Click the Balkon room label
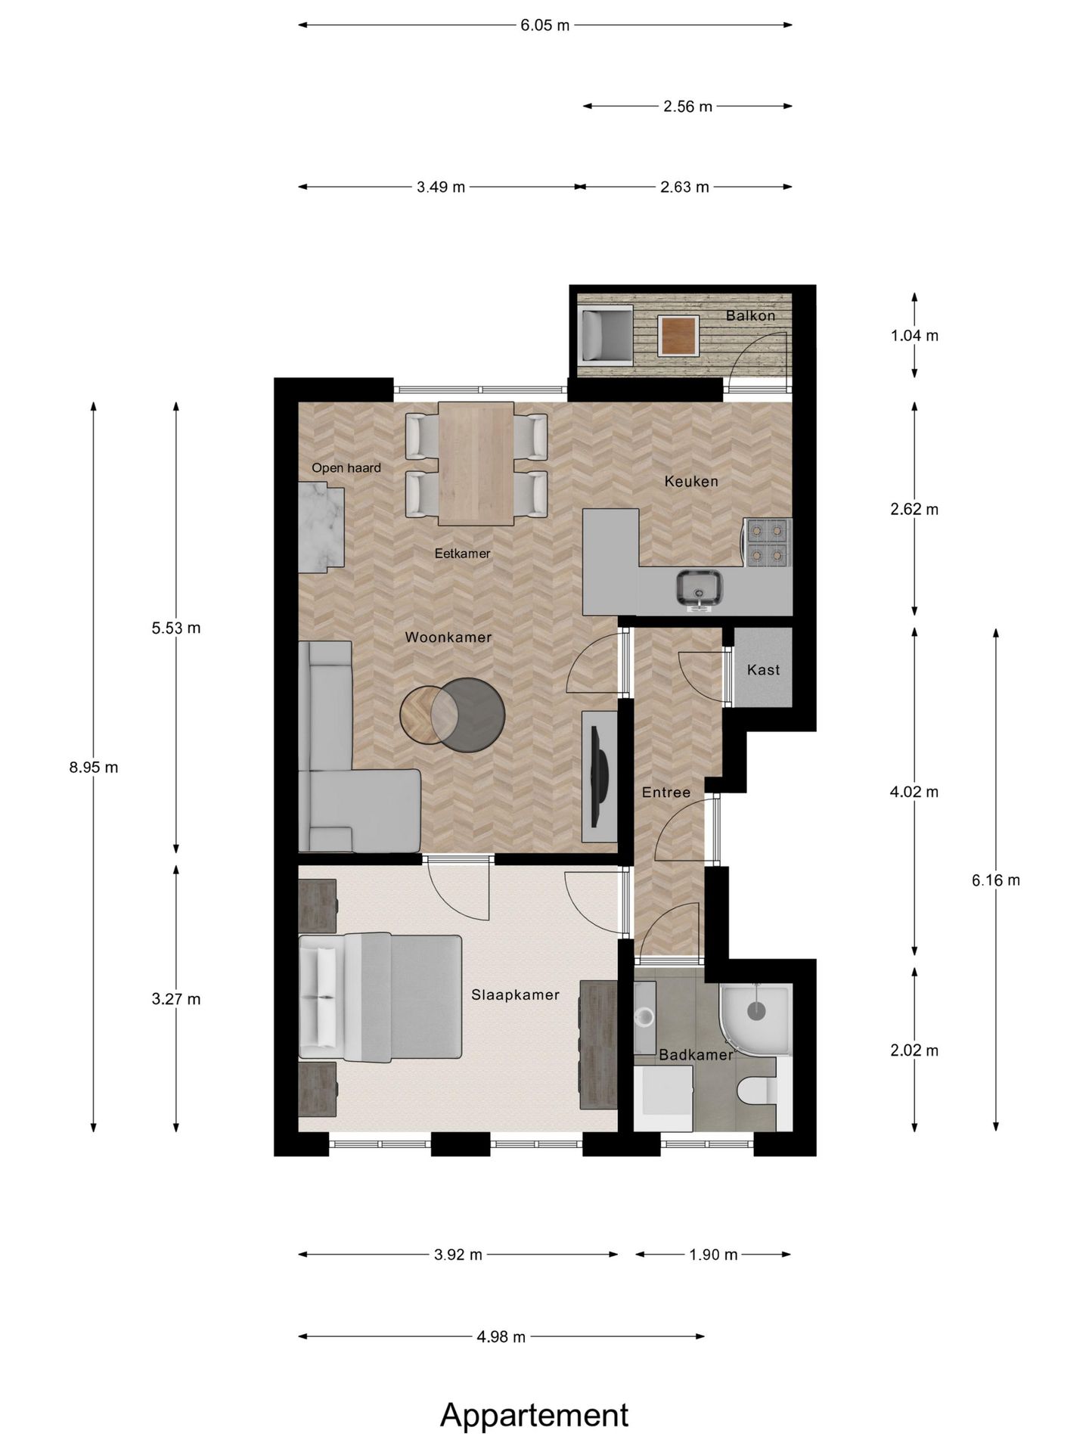click(750, 315)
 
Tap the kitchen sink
click(700, 590)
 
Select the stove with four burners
click(768, 543)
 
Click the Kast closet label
click(763, 669)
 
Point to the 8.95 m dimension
click(94, 767)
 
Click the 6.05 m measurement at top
click(544, 25)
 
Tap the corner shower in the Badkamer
click(754, 1018)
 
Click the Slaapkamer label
click(515, 994)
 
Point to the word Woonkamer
click(448, 637)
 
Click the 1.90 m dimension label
click(713, 1255)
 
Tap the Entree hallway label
click(666, 792)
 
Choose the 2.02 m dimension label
click(914, 1050)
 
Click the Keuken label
click(691, 481)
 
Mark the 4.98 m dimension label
click(501, 1337)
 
